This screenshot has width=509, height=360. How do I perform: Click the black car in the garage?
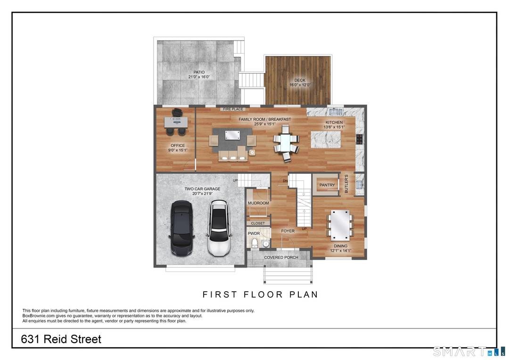tap(181, 228)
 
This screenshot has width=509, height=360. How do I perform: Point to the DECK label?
tap(300, 80)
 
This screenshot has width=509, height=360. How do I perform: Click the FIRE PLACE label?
tap(233, 109)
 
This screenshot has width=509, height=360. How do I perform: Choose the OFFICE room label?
tap(178, 146)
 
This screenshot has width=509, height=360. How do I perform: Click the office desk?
tap(176, 122)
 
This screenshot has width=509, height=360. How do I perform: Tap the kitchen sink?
tap(337, 112)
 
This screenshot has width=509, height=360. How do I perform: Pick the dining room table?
tap(340, 225)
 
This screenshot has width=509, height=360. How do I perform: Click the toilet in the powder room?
tap(255, 243)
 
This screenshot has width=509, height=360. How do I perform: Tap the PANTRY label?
tap(327, 185)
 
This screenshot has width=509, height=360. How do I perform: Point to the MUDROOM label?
tap(258, 203)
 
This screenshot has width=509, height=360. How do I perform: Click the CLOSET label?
tap(258, 223)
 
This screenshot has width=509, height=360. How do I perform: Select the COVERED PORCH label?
tap(280, 257)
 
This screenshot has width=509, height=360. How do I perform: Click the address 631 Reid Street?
tap(61, 339)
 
